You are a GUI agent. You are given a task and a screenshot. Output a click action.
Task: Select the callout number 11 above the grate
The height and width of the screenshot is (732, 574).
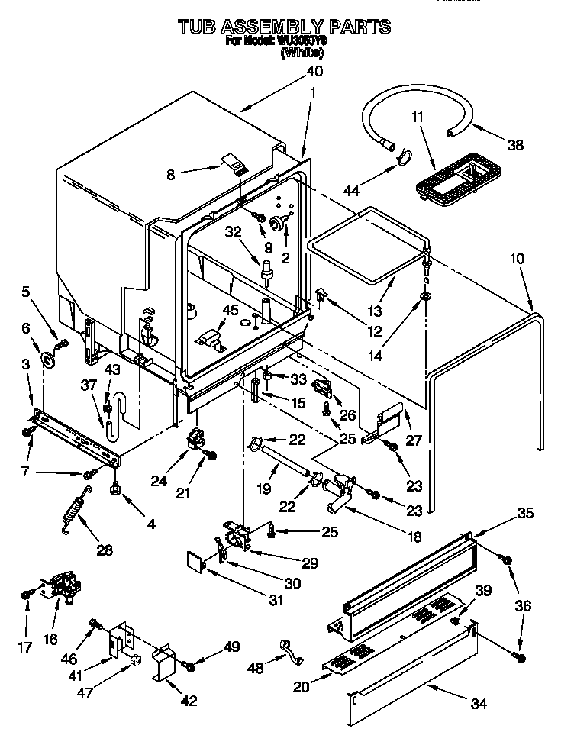(x=418, y=117)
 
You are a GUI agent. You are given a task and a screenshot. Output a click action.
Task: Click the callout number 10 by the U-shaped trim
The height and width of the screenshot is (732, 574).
(x=517, y=259)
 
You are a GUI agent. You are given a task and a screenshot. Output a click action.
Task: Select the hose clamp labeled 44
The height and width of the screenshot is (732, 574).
(x=402, y=159)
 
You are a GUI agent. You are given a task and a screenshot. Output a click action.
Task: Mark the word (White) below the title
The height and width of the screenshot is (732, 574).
(x=302, y=53)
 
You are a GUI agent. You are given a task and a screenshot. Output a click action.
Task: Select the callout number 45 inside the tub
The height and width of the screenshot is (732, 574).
(x=229, y=309)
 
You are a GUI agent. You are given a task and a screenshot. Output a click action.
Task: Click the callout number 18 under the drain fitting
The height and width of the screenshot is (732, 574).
(x=414, y=537)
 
